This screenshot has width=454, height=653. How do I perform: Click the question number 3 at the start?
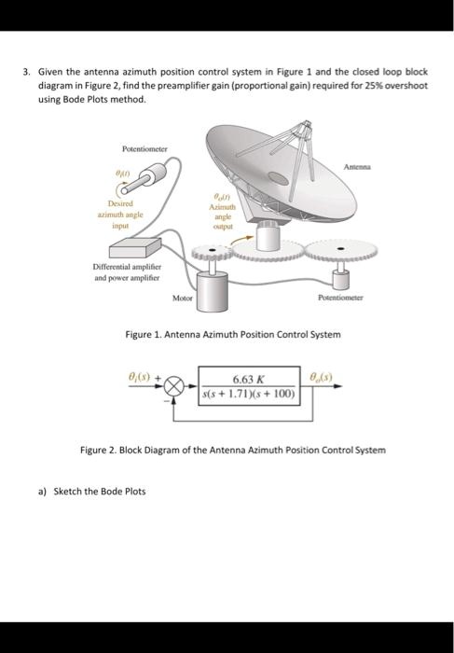coord(27,70)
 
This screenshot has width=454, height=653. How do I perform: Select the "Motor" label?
coord(183,298)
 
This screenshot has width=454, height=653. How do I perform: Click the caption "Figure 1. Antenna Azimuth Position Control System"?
coord(240,334)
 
